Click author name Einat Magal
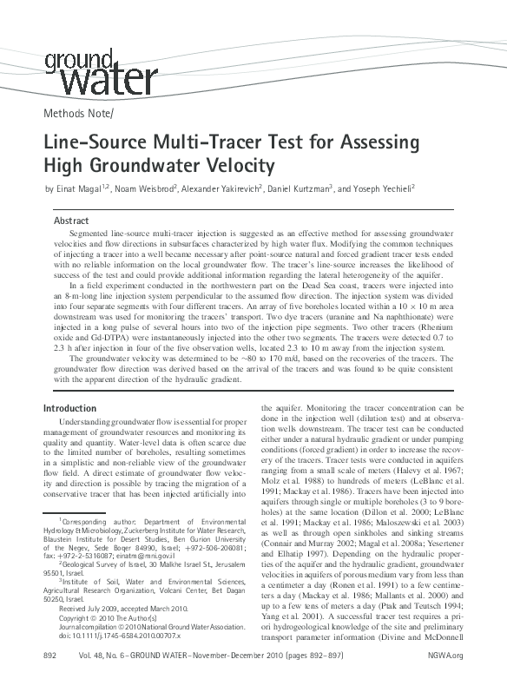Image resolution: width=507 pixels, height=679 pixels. tap(75, 189)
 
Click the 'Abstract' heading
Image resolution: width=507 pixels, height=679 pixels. tap(72, 221)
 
